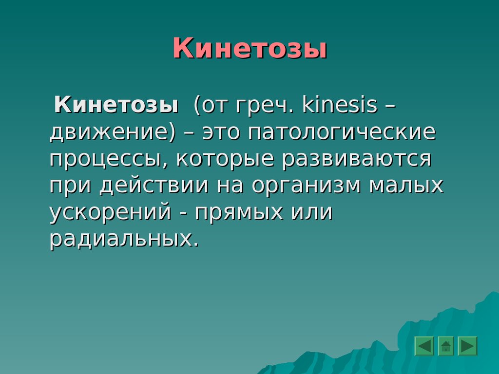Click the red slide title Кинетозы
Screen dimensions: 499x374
coord(250,48)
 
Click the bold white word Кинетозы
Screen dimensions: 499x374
coord(116,104)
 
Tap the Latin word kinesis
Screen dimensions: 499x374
coord(339,104)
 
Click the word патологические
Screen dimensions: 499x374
coord(342,132)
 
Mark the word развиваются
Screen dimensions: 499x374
coord(357,160)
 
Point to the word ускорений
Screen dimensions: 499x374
coord(111,212)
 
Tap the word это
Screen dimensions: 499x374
coord(221,132)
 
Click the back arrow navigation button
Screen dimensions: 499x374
coord(424,346)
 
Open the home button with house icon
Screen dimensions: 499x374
coord(446,346)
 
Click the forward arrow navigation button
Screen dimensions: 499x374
coord(467,346)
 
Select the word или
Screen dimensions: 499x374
coord(311,212)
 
